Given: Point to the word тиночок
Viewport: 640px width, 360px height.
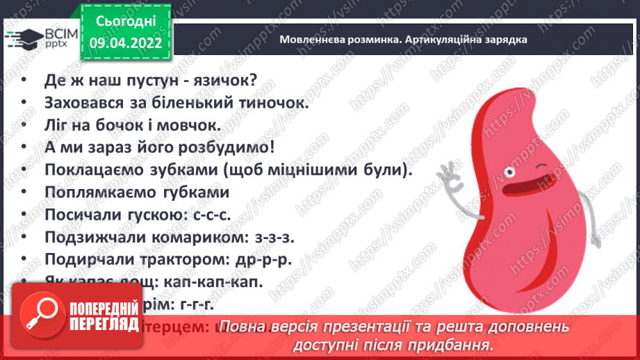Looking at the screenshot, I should pyautogui.click(x=272, y=103).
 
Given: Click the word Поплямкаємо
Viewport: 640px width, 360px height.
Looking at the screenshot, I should pyautogui.click(x=90, y=193).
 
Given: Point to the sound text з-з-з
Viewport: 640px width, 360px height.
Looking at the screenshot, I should pyautogui.click(x=272, y=238).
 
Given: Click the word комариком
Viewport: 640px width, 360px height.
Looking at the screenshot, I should pyautogui.click(x=188, y=238).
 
